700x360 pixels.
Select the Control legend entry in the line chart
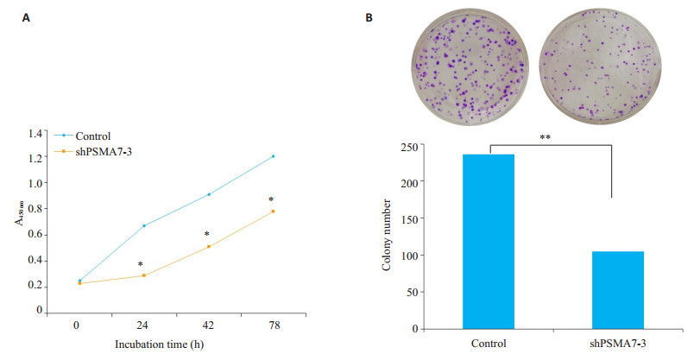[x=91, y=136]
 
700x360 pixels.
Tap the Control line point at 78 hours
[x=273, y=156]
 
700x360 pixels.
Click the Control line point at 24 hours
[x=143, y=225]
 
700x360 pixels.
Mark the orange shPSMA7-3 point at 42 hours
[x=208, y=247]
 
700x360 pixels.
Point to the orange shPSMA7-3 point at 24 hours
[x=143, y=275]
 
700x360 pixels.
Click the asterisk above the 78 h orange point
[x=271, y=200]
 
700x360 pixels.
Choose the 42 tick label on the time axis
[x=208, y=327]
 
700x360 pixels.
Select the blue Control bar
[x=489, y=241]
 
